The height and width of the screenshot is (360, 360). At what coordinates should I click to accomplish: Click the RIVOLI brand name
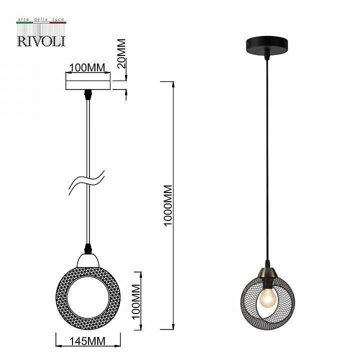click(x=41, y=40)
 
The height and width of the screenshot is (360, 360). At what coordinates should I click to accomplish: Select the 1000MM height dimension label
click(x=168, y=205)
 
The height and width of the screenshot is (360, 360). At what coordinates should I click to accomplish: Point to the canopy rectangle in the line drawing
click(x=87, y=81)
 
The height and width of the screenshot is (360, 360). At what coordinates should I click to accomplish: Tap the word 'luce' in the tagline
click(x=57, y=19)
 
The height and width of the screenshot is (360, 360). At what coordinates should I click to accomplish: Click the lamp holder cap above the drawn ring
click(x=88, y=260)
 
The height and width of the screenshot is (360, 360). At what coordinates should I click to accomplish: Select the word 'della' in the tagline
click(x=40, y=19)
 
